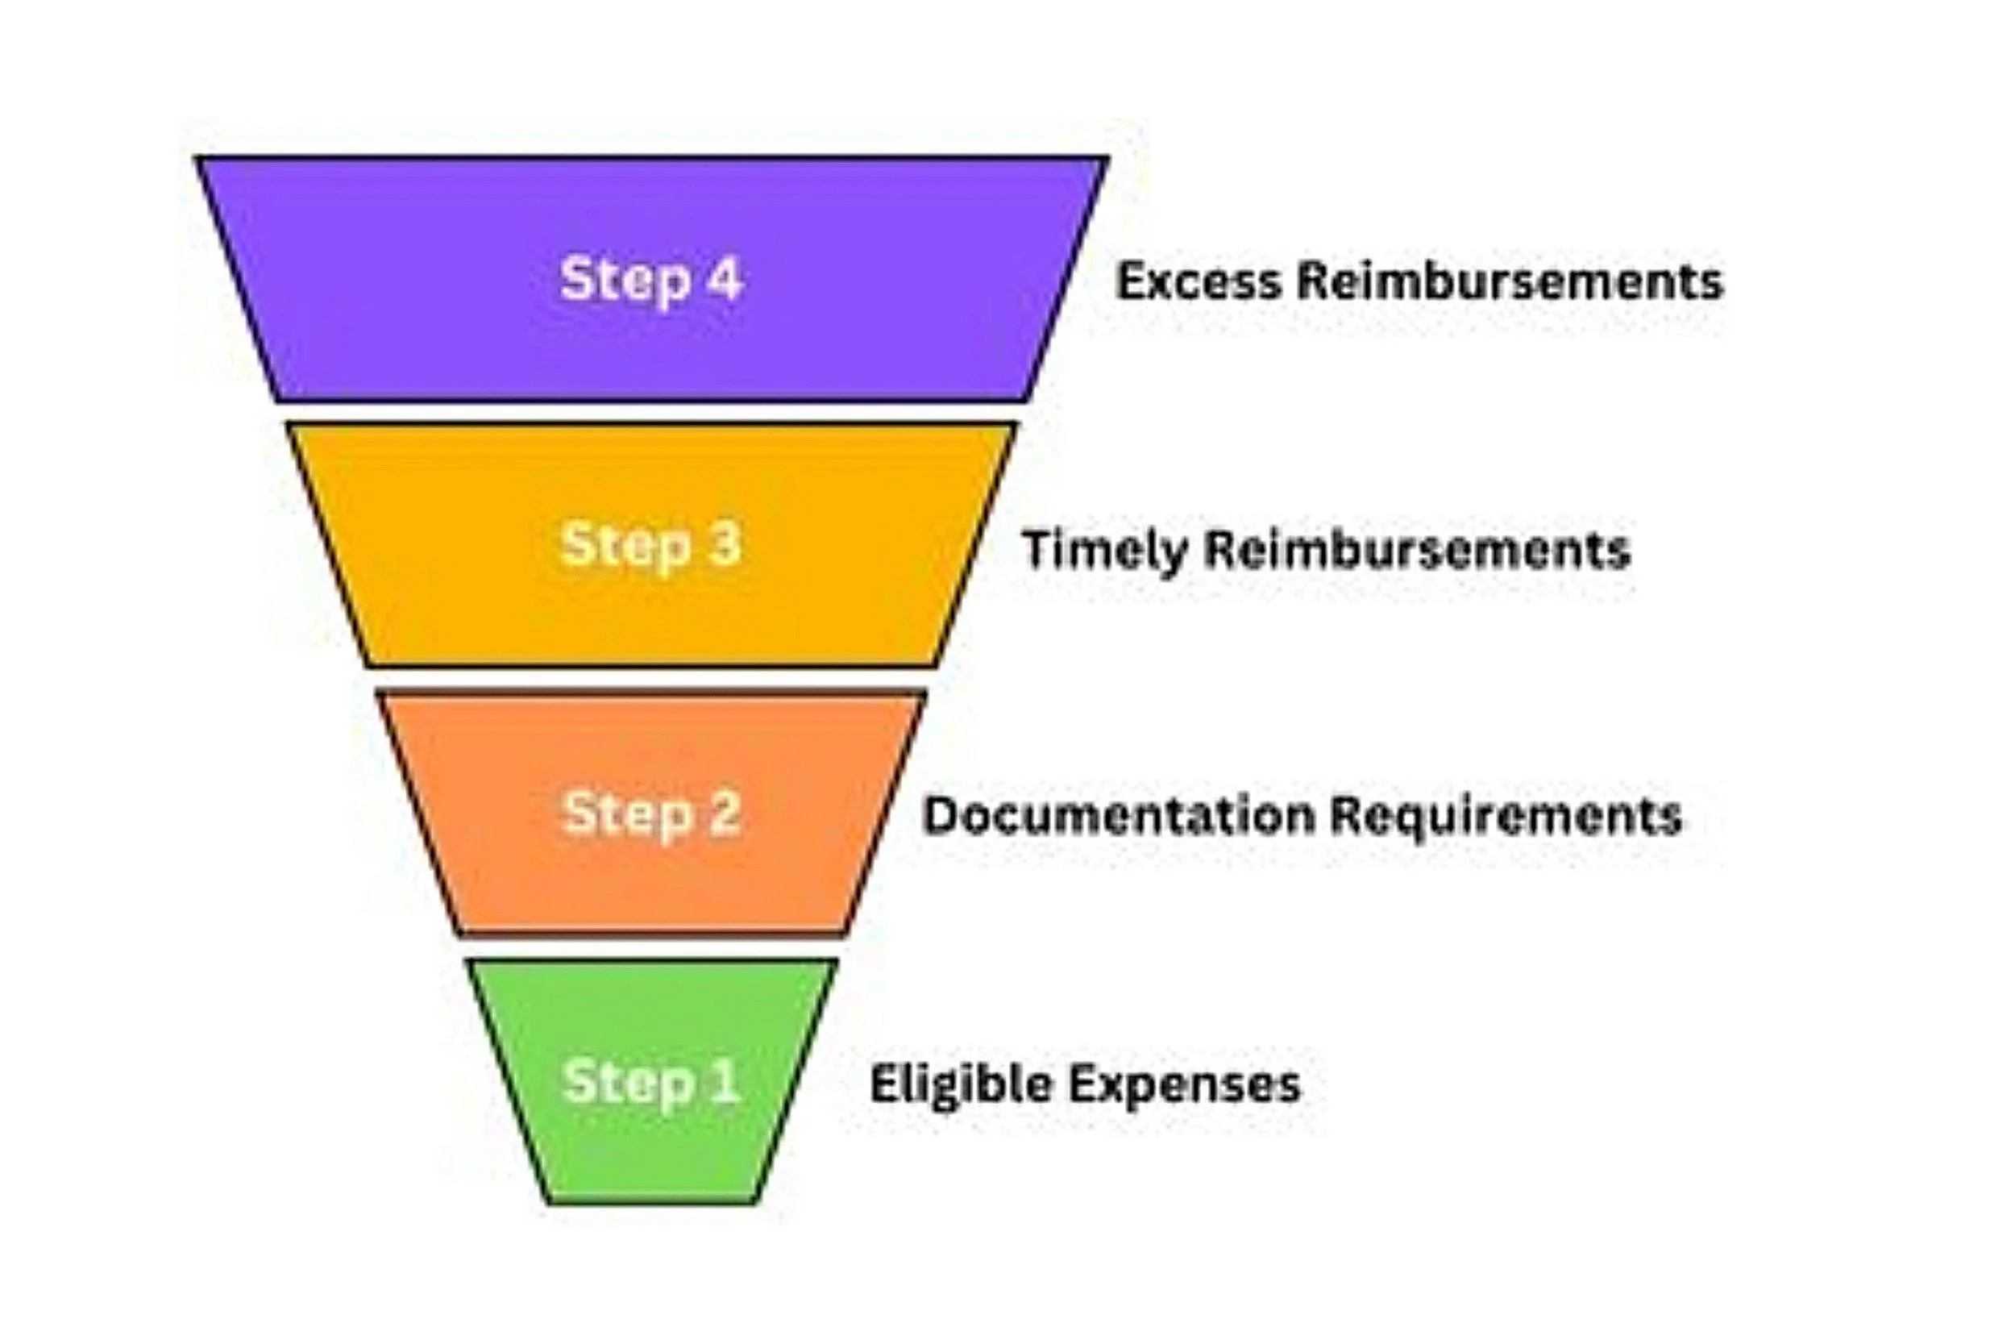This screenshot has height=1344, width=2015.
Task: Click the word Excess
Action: [1199, 281]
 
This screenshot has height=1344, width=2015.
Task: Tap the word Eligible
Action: [962, 1084]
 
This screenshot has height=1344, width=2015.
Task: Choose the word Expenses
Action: [1186, 1085]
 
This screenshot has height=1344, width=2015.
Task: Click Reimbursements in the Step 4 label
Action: [1510, 281]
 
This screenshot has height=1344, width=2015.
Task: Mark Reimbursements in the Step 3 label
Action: [1417, 549]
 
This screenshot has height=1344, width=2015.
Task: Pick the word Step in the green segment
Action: [627, 1083]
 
